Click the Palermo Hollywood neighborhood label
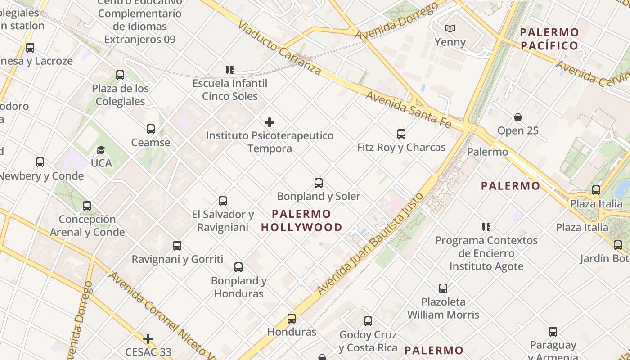(301, 220)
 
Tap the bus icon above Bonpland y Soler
(319, 183)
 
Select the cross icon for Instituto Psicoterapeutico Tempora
(270, 122)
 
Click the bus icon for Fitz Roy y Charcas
(401, 134)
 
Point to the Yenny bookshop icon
(450, 29)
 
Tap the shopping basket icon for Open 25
(518, 117)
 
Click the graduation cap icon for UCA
(101, 150)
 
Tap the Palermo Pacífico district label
(549, 39)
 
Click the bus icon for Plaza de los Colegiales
(120, 75)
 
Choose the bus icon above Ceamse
(151, 129)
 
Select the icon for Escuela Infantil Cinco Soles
(230, 70)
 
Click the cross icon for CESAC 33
(148, 339)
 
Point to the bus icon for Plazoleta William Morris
(443, 288)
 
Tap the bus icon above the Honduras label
(292, 319)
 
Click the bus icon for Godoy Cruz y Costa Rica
(368, 321)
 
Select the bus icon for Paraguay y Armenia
(553, 332)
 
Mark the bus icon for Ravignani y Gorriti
(177, 246)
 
